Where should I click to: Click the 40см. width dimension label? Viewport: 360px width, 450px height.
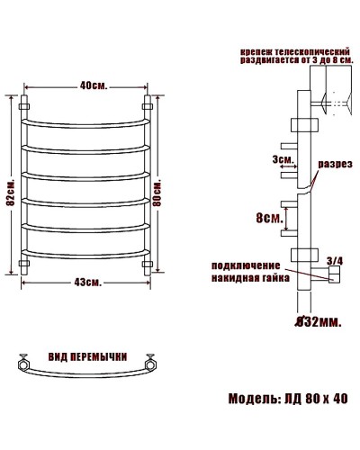93,85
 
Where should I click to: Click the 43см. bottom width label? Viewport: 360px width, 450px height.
87,283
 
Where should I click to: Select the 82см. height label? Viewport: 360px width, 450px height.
11,190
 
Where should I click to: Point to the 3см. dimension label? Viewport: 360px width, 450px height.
283,159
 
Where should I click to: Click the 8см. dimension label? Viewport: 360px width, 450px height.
269,217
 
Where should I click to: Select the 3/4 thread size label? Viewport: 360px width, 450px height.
335,261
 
